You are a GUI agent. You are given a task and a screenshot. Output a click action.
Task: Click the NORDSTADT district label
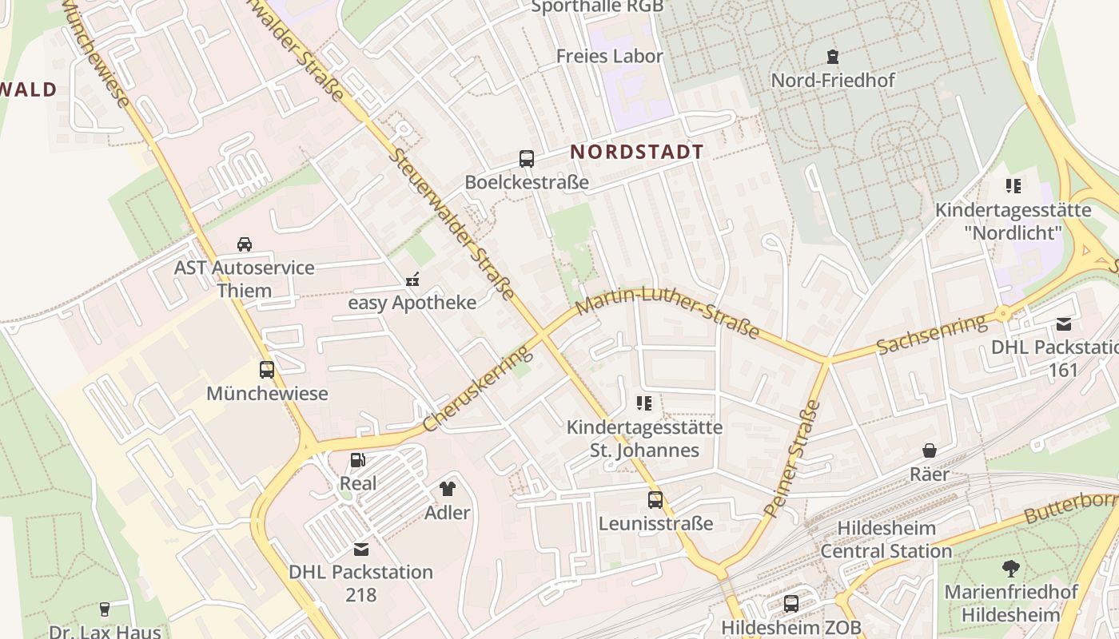637,152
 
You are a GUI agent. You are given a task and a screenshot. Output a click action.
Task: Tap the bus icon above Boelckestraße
526,159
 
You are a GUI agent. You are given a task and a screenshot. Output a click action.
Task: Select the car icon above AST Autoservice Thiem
245,244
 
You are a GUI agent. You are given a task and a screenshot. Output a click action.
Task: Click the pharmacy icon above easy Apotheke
412,280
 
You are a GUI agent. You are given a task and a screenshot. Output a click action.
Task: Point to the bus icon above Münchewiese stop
267,370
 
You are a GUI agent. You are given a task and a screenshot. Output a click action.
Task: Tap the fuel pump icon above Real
358,460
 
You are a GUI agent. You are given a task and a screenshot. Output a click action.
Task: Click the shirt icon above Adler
448,488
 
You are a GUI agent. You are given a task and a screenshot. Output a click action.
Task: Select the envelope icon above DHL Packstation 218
361,549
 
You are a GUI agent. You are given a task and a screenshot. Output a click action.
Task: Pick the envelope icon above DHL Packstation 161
1064,324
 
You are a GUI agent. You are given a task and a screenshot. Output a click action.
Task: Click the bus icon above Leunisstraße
655,500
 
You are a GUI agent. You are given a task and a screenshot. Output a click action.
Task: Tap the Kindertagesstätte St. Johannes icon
644,403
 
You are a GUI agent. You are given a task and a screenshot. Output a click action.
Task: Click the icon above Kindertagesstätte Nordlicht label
1013,187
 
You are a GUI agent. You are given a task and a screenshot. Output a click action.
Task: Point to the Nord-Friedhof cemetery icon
833,57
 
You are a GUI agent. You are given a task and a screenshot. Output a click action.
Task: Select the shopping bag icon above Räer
930,451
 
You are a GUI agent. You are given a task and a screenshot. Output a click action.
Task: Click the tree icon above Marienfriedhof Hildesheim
1011,569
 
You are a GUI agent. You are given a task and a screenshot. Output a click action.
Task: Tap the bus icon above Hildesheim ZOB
791,604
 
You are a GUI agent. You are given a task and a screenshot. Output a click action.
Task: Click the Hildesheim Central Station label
886,540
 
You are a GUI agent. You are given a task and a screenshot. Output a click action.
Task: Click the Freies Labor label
610,56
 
